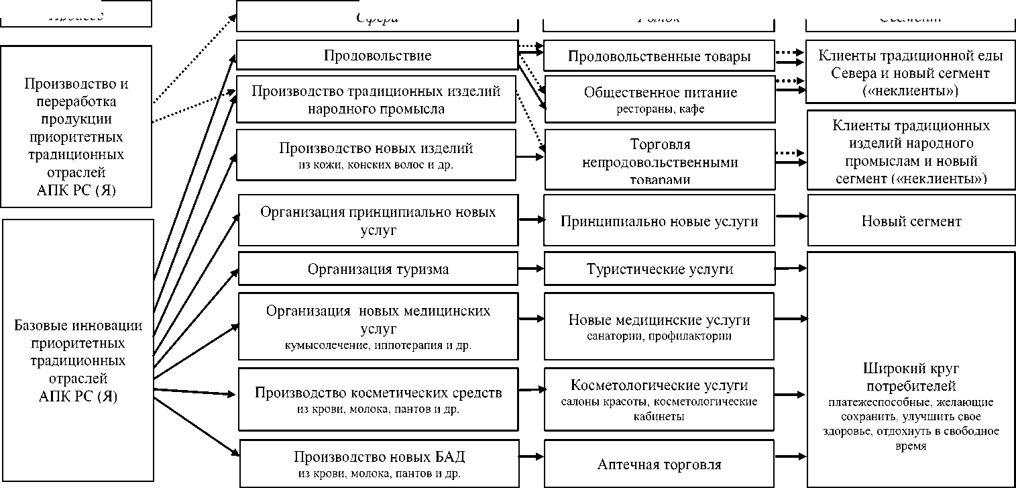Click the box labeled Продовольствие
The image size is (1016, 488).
click(x=377, y=56)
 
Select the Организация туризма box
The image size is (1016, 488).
click(x=378, y=269)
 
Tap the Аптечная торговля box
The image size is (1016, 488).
click(x=659, y=464)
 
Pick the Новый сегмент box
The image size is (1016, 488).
click(x=911, y=221)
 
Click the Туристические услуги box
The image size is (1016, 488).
click(x=659, y=269)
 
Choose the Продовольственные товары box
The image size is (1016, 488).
click(x=659, y=56)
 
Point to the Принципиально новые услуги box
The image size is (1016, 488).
click(x=659, y=221)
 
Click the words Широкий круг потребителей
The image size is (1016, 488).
click(x=911, y=377)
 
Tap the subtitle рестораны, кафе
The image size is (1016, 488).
click(x=660, y=109)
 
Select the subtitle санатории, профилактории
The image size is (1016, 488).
click(x=659, y=336)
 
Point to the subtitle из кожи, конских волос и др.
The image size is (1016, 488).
click(x=377, y=164)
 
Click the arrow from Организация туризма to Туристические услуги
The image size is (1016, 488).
click(x=530, y=269)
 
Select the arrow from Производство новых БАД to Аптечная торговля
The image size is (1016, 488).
click(x=530, y=458)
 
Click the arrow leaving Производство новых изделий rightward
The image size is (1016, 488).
click(x=530, y=157)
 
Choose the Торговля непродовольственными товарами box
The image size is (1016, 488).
click(x=659, y=162)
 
